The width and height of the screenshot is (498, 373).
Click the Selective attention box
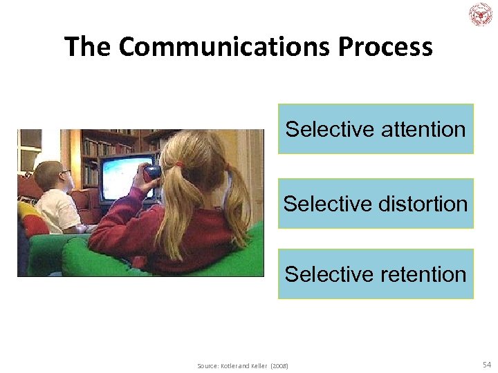click(x=376, y=129)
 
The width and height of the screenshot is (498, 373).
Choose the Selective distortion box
click(x=376, y=204)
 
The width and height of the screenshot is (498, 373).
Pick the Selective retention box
click(x=376, y=274)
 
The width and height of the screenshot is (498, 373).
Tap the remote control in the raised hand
click(x=153, y=170)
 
